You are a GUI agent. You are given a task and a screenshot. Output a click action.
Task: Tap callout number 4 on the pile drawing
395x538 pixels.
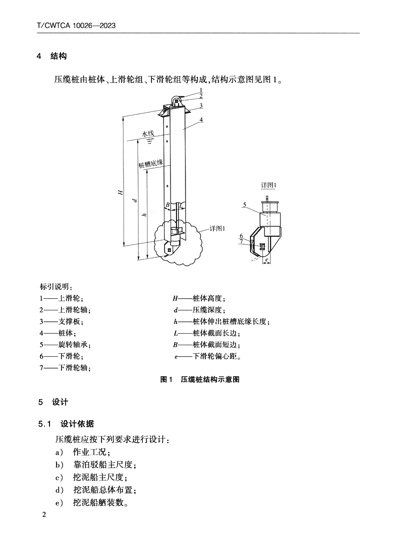[x=200, y=120]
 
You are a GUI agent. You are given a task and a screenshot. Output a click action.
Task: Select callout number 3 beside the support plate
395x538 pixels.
[x=200, y=105]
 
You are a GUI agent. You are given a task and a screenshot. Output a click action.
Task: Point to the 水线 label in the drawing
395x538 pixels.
[x=148, y=134]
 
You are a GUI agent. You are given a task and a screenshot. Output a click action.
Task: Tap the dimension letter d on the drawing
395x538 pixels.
[x=134, y=200]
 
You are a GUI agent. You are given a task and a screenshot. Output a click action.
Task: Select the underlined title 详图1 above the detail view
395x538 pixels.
[x=269, y=185]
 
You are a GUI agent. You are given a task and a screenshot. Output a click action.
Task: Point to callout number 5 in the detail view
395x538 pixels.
[x=245, y=204]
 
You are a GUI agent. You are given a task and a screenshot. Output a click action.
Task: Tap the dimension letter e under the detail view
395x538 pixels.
[x=267, y=260]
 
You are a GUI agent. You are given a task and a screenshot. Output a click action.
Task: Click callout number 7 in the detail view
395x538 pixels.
[x=241, y=242]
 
